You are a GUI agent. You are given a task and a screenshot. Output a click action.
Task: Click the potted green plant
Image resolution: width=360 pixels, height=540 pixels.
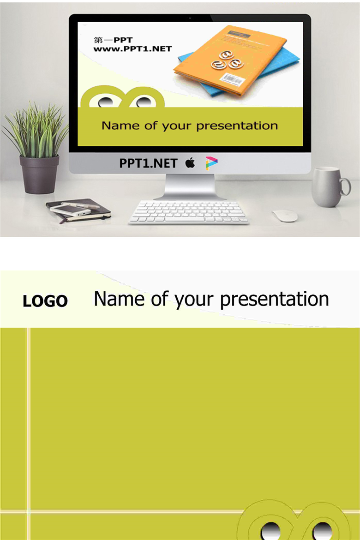coord(36,148)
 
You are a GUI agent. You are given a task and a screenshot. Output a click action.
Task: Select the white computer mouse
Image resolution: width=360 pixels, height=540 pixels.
coord(285,216)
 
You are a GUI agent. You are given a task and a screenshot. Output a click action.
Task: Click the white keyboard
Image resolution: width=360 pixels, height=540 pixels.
coord(188,212)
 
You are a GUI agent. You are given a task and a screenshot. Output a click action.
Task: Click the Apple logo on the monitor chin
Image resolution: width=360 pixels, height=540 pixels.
coord(190,162)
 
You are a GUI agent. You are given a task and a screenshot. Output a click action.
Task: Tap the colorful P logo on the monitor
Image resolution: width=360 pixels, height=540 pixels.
coord(211,163)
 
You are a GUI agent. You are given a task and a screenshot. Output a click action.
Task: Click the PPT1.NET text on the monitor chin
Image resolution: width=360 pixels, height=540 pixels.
coord(148,163)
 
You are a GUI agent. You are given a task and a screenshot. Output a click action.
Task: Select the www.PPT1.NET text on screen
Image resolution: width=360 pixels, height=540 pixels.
coord(132,49)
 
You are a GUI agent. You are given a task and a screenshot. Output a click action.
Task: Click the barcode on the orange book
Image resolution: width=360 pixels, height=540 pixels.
coord(232,79)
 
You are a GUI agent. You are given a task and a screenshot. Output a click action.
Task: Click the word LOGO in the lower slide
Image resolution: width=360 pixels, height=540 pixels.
coord(45,301)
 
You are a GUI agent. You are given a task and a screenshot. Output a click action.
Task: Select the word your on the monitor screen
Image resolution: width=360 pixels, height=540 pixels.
coord(176,126)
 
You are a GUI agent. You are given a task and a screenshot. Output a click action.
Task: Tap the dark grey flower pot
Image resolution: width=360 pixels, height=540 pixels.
coord(39,174)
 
